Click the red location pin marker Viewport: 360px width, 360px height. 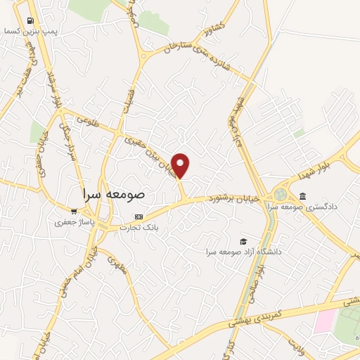click(181, 165)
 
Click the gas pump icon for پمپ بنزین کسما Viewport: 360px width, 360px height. click(30, 21)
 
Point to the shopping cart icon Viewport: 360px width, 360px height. click(74, 211)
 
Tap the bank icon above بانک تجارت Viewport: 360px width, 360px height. click(139, 217)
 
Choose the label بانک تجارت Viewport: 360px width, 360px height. click(139, 227)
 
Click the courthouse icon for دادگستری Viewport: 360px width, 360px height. click(302, 196)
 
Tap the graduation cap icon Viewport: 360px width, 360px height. click(243, 240)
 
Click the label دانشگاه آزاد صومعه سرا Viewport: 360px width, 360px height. click(243, 251)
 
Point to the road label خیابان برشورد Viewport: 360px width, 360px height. click(236, 200)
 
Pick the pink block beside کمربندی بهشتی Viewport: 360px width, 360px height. click(325, 321)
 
